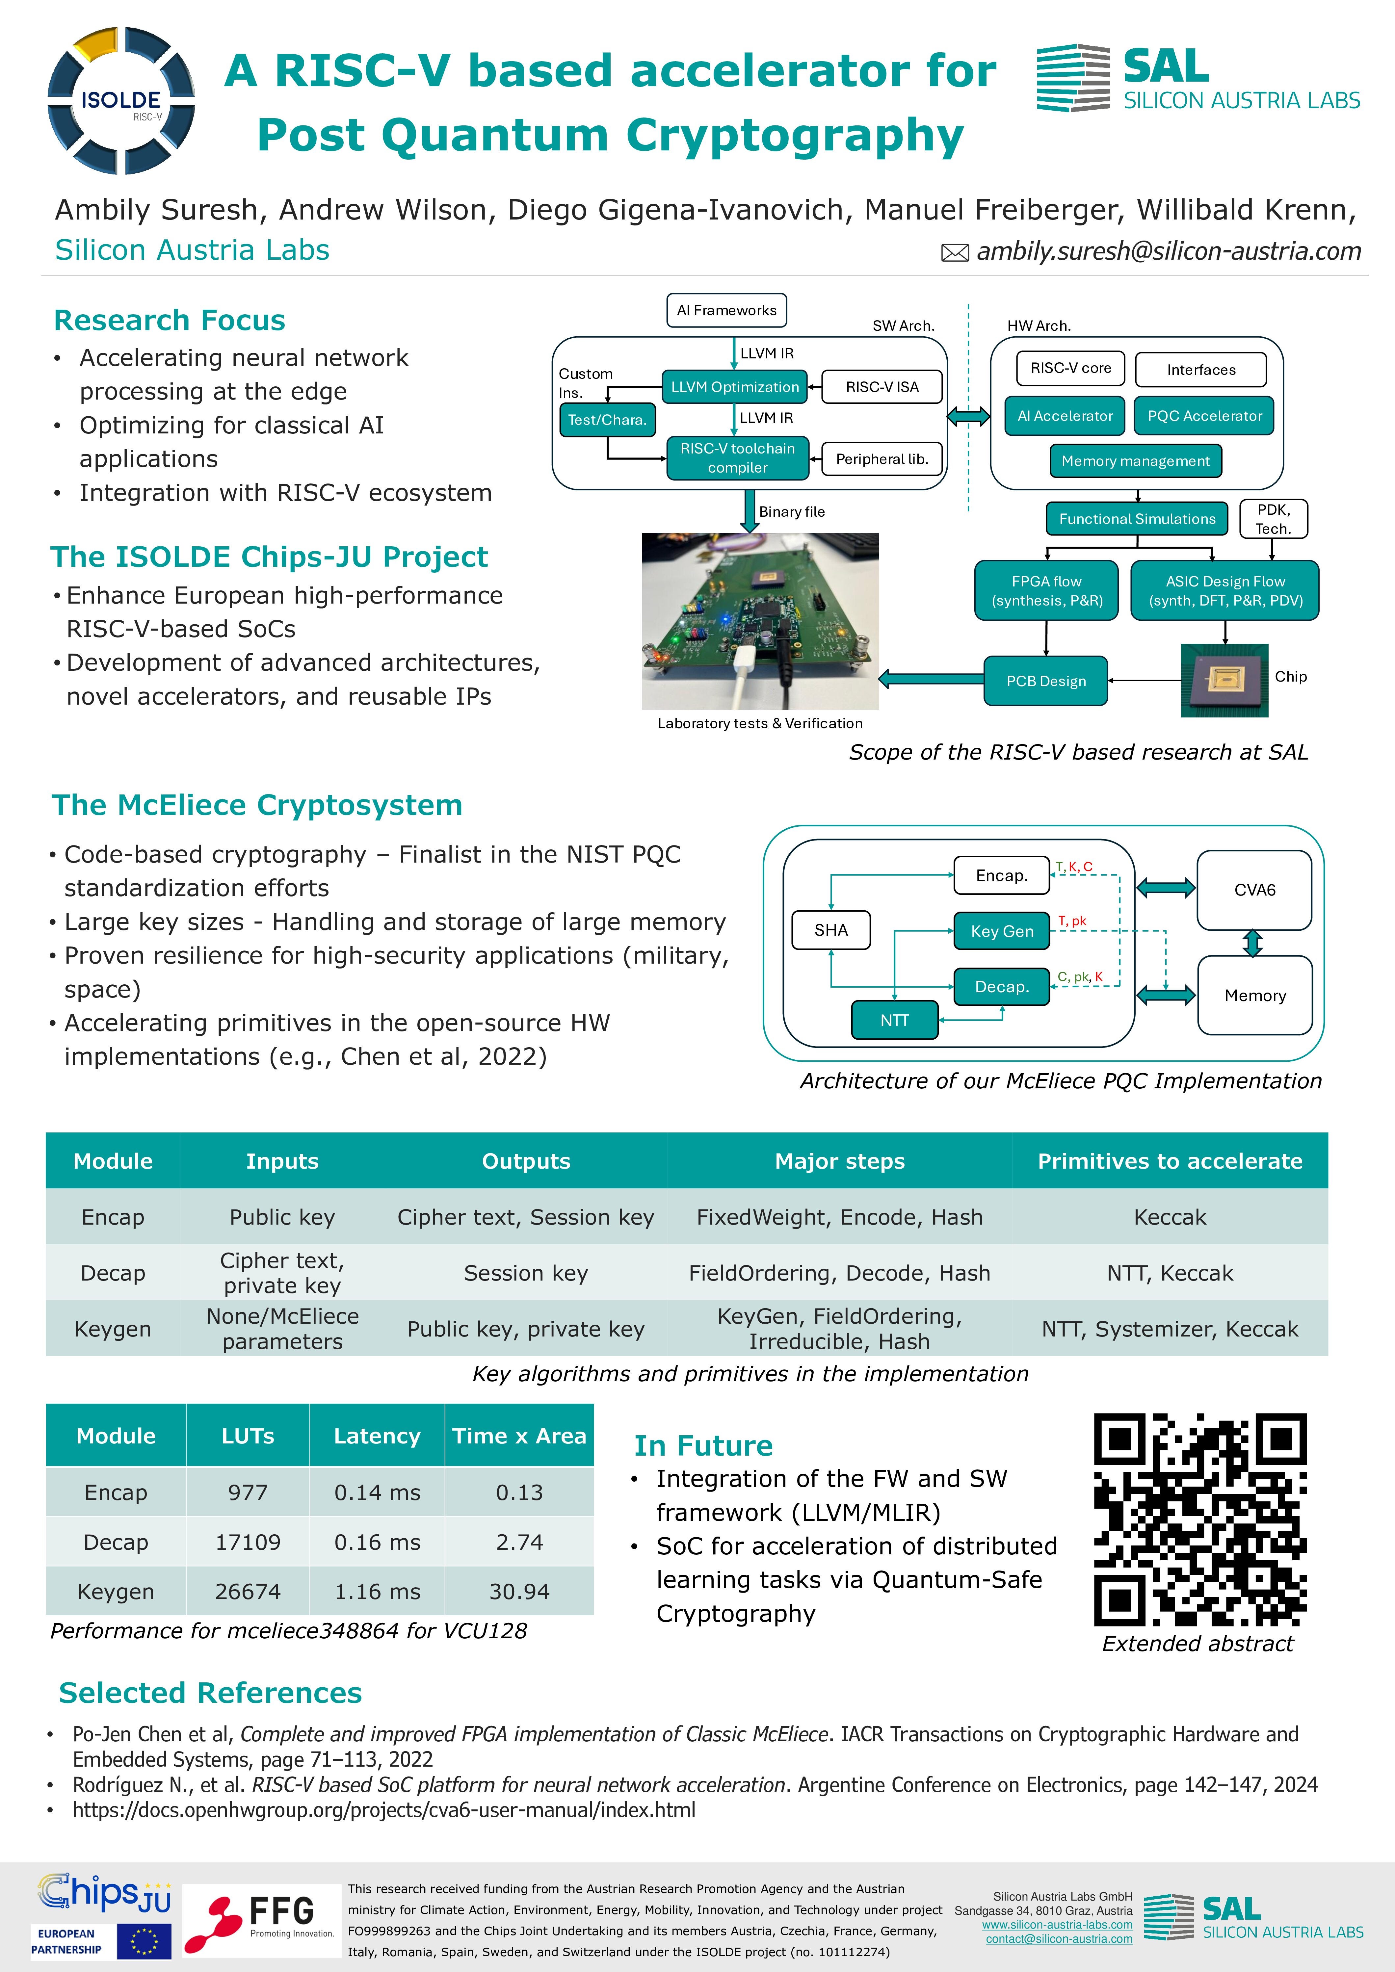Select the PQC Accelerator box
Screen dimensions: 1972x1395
(1204, 416)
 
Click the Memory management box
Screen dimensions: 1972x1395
(1135, 461)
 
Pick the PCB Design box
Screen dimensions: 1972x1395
(1045, 681)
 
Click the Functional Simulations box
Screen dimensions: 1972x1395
(1137, 519)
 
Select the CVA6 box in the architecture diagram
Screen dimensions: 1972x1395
(1254, 890)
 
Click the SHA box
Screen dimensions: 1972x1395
(830, 930)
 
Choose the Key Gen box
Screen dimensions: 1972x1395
(1002, 931)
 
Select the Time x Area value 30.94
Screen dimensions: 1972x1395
(519, 1592)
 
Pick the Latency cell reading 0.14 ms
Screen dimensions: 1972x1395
(377, 1493)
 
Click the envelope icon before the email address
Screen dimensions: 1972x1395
(955, 252)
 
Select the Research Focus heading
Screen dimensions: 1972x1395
(169, 320)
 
